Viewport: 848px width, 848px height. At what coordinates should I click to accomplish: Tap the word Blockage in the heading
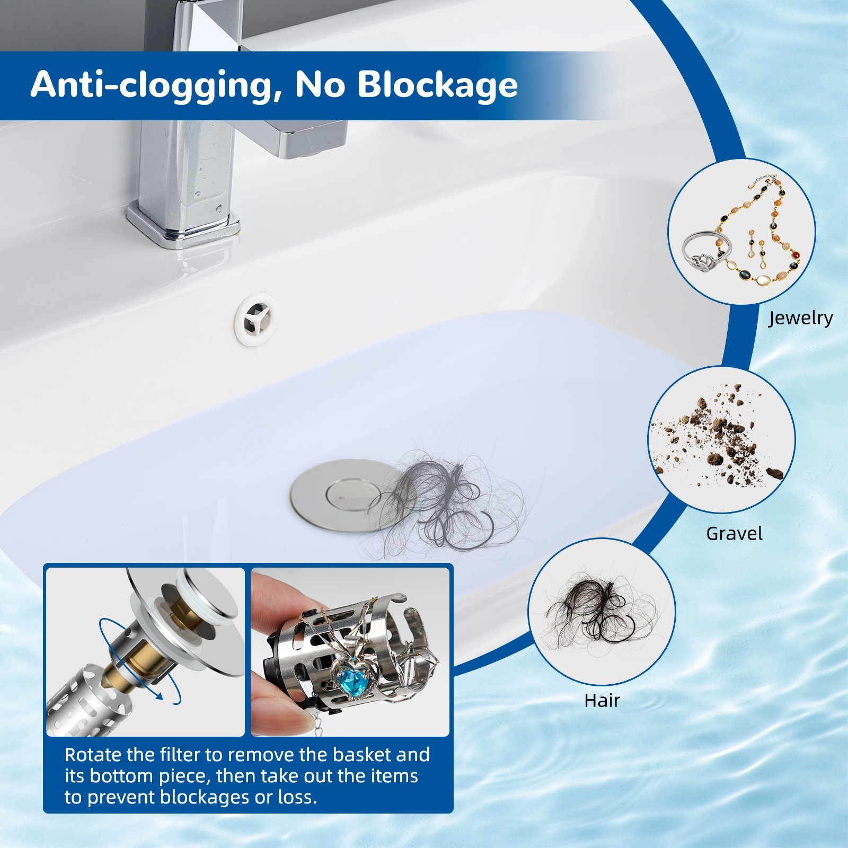(437, 85)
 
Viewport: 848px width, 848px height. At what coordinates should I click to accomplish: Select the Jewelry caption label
(800, 318)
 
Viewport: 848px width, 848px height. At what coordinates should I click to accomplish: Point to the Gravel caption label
(734, 533)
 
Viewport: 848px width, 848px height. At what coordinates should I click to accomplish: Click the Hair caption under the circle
(602, 700)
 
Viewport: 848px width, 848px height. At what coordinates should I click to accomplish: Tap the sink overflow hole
(257, 319)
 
